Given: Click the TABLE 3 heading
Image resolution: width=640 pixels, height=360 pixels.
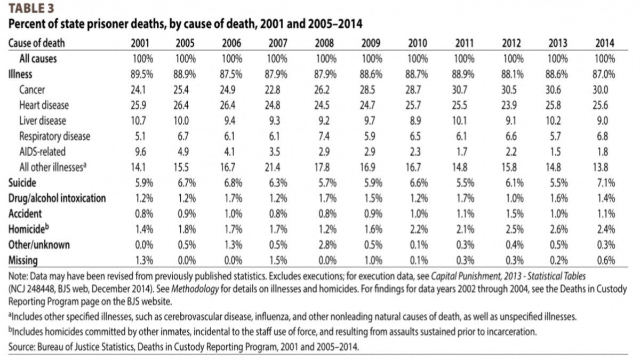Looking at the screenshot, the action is [31, 9].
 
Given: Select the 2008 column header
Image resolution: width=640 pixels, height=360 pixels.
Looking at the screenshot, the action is [324, 43].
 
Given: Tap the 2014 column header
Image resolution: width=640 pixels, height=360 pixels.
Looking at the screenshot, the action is [605, 43].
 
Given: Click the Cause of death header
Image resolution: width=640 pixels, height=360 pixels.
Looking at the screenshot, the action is [37, 43].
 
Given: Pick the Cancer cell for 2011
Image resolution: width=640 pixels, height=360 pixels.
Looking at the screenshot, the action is [459, 90].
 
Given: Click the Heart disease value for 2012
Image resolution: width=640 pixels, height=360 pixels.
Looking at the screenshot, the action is [509, 106].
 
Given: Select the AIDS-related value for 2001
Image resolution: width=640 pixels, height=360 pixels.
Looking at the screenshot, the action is [140, 151].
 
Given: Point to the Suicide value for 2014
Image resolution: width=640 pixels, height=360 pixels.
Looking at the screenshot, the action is [606, 183].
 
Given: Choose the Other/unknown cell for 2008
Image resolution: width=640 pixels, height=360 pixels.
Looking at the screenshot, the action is [327, 245].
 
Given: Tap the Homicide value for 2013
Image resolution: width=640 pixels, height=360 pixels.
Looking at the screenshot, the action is [559, 229].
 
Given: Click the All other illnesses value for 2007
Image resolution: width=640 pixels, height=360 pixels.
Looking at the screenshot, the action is [273, 167].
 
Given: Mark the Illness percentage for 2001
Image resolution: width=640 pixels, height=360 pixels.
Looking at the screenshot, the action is [142, 75].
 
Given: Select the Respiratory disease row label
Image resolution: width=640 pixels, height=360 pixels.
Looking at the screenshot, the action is [54, 137].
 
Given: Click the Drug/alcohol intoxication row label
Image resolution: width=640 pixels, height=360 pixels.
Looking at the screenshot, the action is [57, 198].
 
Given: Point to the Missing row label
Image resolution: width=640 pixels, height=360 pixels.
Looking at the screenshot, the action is [23, 261].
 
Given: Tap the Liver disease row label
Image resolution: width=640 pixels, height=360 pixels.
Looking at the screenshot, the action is [43, 121].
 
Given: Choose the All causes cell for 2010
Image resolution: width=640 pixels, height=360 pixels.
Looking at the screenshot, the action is [418, 59].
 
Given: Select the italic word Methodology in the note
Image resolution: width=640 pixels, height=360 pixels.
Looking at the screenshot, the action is [195, 289].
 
